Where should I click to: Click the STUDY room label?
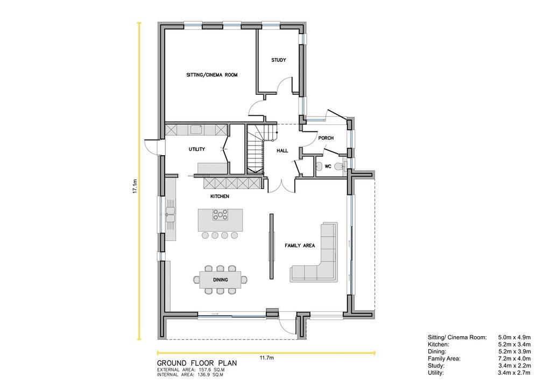click(x=278, y=60)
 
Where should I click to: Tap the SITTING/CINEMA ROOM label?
click(x=212, y=75)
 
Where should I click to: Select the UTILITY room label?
click(x=197, y=149)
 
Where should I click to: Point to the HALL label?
click(x=282, y=150)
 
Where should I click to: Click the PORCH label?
click(x=326, y=138)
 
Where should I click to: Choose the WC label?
click(x=328, y=166)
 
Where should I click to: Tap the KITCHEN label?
click(x=220, y=196)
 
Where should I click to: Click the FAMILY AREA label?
click(x=300, y=246)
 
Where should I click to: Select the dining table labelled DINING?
click(x=220, y=280)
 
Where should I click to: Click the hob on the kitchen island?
click(x=220, y=214)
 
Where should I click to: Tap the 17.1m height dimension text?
click(x=135, y=186)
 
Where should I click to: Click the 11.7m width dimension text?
click(x=267, y=358)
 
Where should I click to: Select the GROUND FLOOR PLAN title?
click(x=197, y=363)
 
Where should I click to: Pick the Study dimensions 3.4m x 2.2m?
click(x=514, y=366)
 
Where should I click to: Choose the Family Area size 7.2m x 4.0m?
click(x=514, y=359)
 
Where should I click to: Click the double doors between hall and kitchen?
click(x=282, y=186)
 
